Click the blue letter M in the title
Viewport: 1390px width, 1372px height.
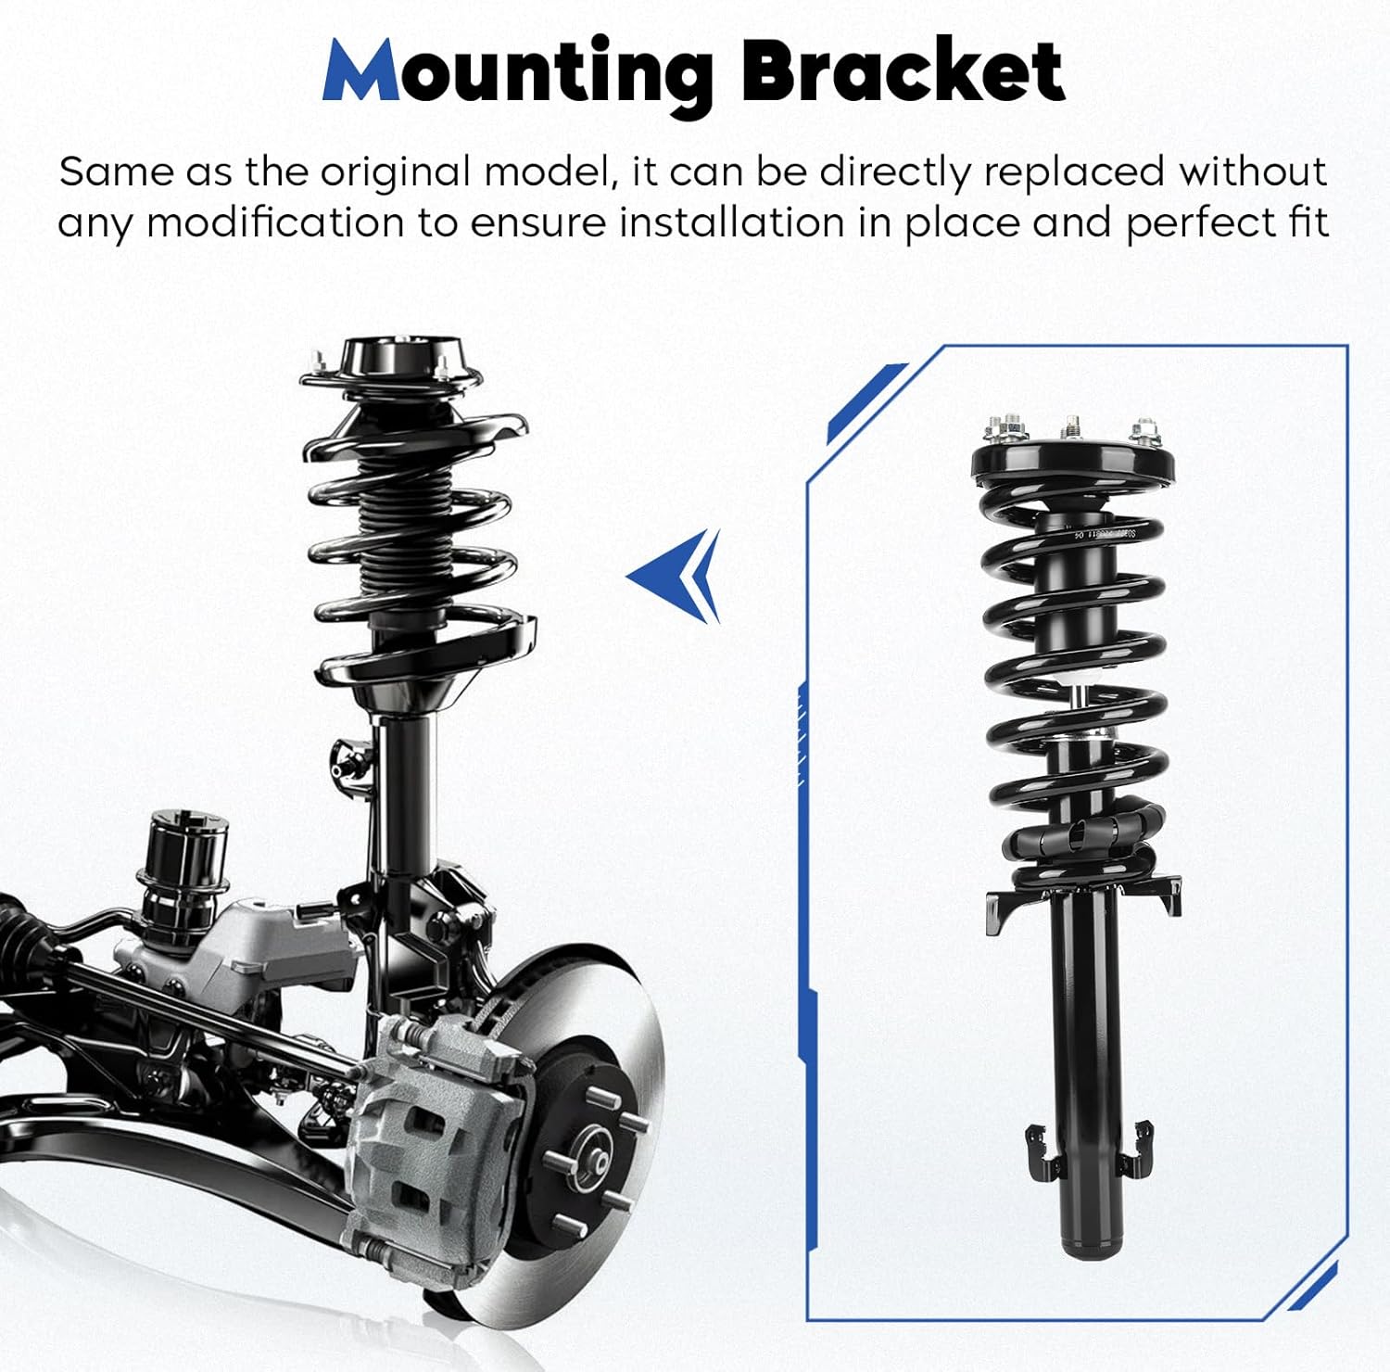tap(362, 72)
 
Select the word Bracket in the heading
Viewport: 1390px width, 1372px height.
tap(903, 72)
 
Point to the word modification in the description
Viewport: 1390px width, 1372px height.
tap(274, 224)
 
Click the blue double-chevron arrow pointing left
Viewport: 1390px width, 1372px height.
tap(676, 576)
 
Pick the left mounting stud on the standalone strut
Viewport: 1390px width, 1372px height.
tap(1005, 428)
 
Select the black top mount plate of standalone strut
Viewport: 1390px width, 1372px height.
tap(1072, 464)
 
